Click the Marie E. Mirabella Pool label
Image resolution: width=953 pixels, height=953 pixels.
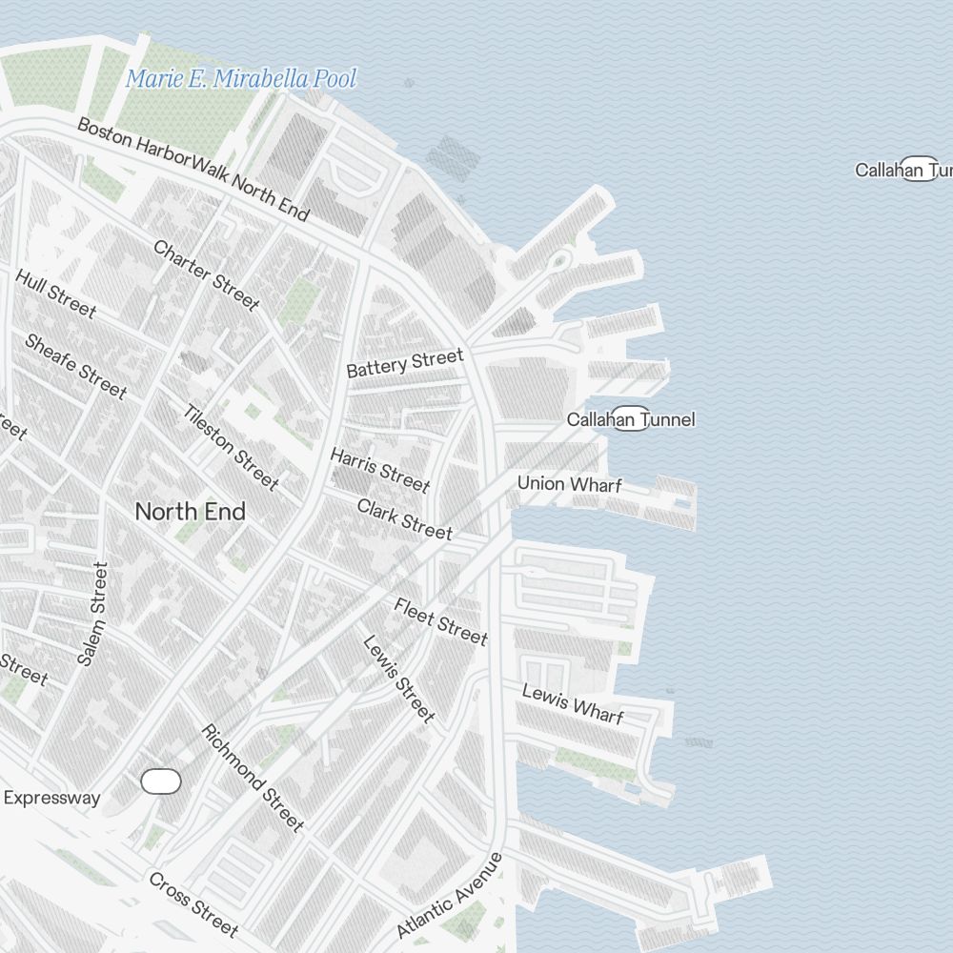[241, 79]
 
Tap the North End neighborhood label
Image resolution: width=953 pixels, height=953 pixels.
[190, 512]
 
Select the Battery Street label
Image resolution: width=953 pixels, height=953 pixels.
[405, 363]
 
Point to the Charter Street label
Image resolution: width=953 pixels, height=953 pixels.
[206, 275]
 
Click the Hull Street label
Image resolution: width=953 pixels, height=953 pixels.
[55, 293]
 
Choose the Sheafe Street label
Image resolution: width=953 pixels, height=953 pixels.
[75, 366]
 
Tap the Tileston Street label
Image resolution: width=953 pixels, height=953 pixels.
[232, 448]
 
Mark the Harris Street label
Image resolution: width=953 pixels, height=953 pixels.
[380, 470]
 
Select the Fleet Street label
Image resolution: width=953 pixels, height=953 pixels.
[440, 621]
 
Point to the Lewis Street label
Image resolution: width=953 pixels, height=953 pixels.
[398, 679]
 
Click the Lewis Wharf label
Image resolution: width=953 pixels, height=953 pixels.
[573, 704]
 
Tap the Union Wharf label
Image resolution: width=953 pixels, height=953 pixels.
[570, 484]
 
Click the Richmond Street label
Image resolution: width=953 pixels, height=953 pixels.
[253, 777]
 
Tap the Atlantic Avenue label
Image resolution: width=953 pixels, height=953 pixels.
[449, 895]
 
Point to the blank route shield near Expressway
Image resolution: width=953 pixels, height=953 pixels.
[161, 781]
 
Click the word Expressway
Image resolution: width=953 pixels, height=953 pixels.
[51, 798]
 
